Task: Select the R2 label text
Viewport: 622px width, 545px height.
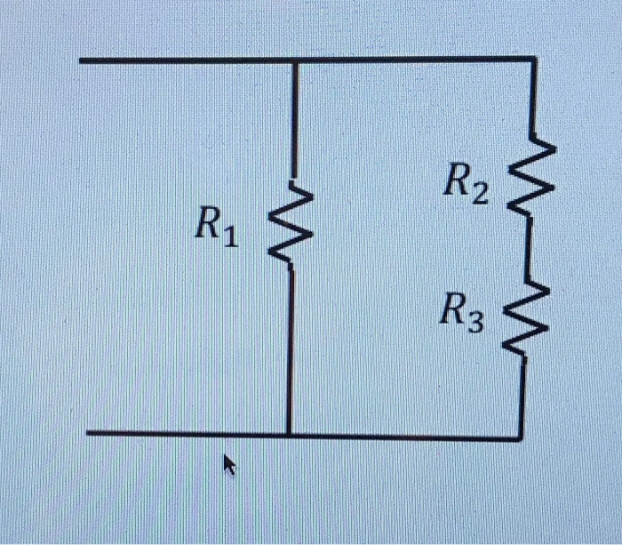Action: (465, 186)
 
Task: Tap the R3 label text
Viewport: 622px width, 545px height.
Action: (463, 313)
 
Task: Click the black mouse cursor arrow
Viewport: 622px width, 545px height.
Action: (230, 464)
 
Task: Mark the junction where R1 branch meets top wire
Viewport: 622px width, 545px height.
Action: (294, 60)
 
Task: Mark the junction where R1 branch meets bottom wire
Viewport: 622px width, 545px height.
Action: (290, 436)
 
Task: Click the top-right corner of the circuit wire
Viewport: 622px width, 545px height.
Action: (534, 60)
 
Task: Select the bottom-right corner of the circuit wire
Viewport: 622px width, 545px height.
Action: (521, 437)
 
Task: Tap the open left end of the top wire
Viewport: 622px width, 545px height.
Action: (81, 60)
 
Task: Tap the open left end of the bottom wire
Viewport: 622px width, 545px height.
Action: (89, 434)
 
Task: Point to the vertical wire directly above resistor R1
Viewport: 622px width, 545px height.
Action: (294, 124)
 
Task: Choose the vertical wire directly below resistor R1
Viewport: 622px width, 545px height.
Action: (291, 347)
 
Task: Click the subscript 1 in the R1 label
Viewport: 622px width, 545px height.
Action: (231, 238)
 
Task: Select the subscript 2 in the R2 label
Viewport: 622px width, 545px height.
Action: (480, 194)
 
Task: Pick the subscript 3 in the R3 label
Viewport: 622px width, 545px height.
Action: (477, 322)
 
